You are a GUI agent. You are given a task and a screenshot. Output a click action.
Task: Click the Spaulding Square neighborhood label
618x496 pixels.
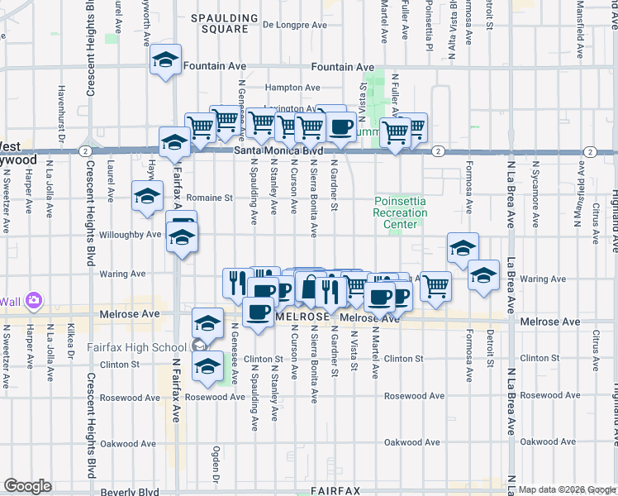coord(219,22)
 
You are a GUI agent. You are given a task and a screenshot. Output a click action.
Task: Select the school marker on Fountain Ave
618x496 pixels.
coord(165,61)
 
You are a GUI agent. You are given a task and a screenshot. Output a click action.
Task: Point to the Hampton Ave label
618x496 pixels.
coord(292,87)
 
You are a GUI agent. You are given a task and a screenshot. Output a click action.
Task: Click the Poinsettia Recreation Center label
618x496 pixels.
coord(401,212)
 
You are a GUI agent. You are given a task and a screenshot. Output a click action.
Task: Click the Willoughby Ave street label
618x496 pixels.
coord(130,235)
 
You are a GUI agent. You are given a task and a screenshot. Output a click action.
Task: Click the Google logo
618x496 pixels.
coord(27,486)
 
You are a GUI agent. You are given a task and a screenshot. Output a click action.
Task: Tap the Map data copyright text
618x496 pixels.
coord(567,489)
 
